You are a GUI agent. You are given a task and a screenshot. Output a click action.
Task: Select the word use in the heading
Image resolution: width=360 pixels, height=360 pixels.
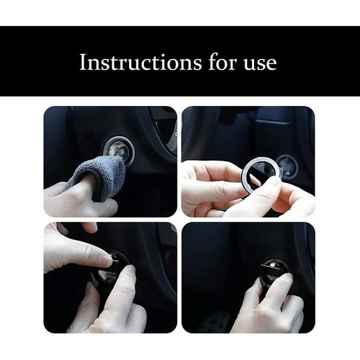256,62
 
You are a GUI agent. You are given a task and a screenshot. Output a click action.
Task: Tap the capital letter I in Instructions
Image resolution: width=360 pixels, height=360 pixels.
83,62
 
